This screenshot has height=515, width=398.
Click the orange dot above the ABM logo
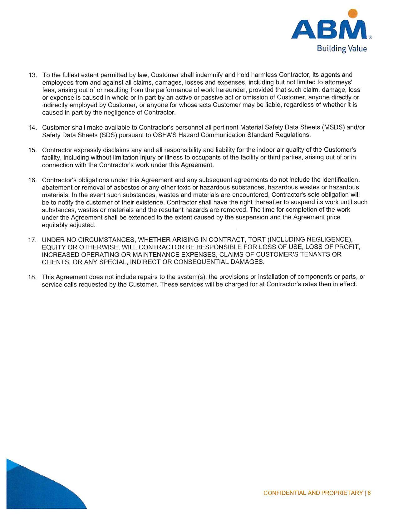tap(352, 13)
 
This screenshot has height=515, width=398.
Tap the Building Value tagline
tap(342, 49)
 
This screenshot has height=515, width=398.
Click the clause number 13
tap(32, 75)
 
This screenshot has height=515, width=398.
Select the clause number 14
tap(32, 128)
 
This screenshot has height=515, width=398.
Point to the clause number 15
tap(32, 150)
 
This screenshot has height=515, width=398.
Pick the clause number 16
tap(32, 180)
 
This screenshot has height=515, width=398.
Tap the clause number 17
tap(32, 240)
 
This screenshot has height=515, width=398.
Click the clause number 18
tap(32, 277)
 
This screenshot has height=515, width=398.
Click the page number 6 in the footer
tap(369, 493)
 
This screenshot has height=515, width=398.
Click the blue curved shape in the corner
tap(37, 490)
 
